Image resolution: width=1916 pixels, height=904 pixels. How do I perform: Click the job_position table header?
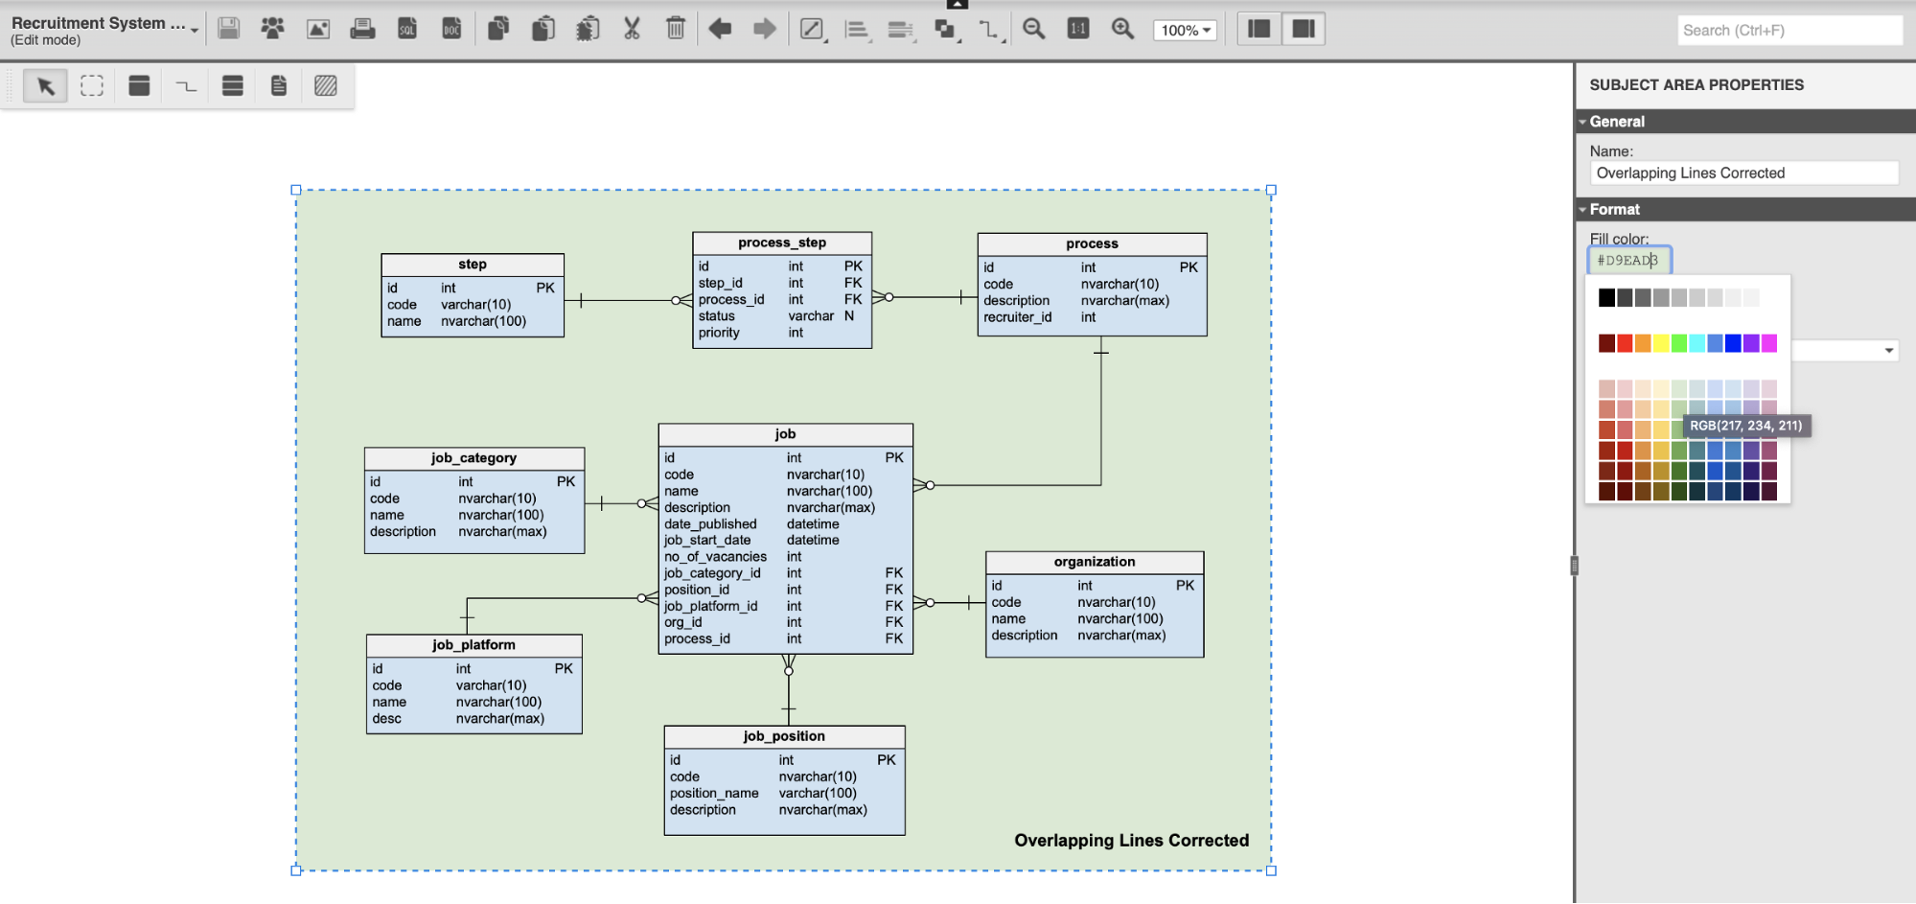784,736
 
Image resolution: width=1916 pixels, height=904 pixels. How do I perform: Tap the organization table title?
1095,562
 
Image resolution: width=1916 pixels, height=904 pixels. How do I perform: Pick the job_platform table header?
473,645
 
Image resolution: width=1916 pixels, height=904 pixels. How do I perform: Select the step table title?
473,265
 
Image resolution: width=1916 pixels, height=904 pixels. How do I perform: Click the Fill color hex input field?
1629,260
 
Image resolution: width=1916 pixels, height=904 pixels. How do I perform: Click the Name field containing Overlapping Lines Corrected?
1743,174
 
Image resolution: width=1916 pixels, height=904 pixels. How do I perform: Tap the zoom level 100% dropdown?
1186,30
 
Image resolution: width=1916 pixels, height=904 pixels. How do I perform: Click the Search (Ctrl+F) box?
1789,31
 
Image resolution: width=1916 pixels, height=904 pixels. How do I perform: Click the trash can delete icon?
676,29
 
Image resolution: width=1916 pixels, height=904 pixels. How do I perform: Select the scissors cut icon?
632,29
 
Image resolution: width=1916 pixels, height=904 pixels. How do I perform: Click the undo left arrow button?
720,29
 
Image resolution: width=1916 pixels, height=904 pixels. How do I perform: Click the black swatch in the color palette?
1606,298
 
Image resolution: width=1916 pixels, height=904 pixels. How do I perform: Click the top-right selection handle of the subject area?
1271,190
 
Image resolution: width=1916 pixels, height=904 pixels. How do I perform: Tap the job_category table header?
474,458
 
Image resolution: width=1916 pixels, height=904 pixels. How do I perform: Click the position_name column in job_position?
714,793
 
